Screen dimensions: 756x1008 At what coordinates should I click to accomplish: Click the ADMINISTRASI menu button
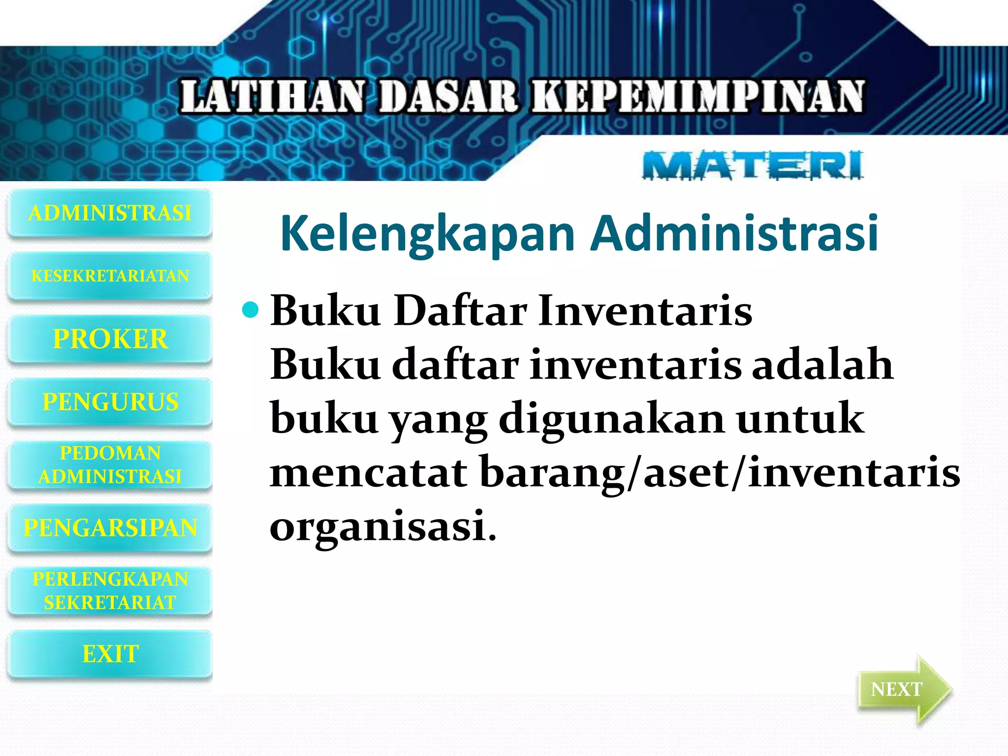coord(110,213)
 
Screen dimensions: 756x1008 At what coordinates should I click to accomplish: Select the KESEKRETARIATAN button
coord(110,276)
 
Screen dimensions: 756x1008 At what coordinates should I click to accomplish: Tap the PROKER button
coord(110,339)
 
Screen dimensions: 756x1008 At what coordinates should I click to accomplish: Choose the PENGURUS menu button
coord(110,402)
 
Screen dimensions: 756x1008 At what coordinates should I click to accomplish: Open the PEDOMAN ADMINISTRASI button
coord(110,465)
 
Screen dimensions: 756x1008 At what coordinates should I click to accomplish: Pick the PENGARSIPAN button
coord(110,528)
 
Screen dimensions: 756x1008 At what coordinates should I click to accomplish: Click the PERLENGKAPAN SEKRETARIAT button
coord(110,591)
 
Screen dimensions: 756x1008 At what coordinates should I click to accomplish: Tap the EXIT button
coord(110,654)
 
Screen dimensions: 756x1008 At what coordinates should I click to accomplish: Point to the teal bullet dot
coord(251,310)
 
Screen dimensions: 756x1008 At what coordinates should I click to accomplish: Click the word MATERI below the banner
coord(753,165)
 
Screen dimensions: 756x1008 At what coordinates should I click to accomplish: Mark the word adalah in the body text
coord(822,365)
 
